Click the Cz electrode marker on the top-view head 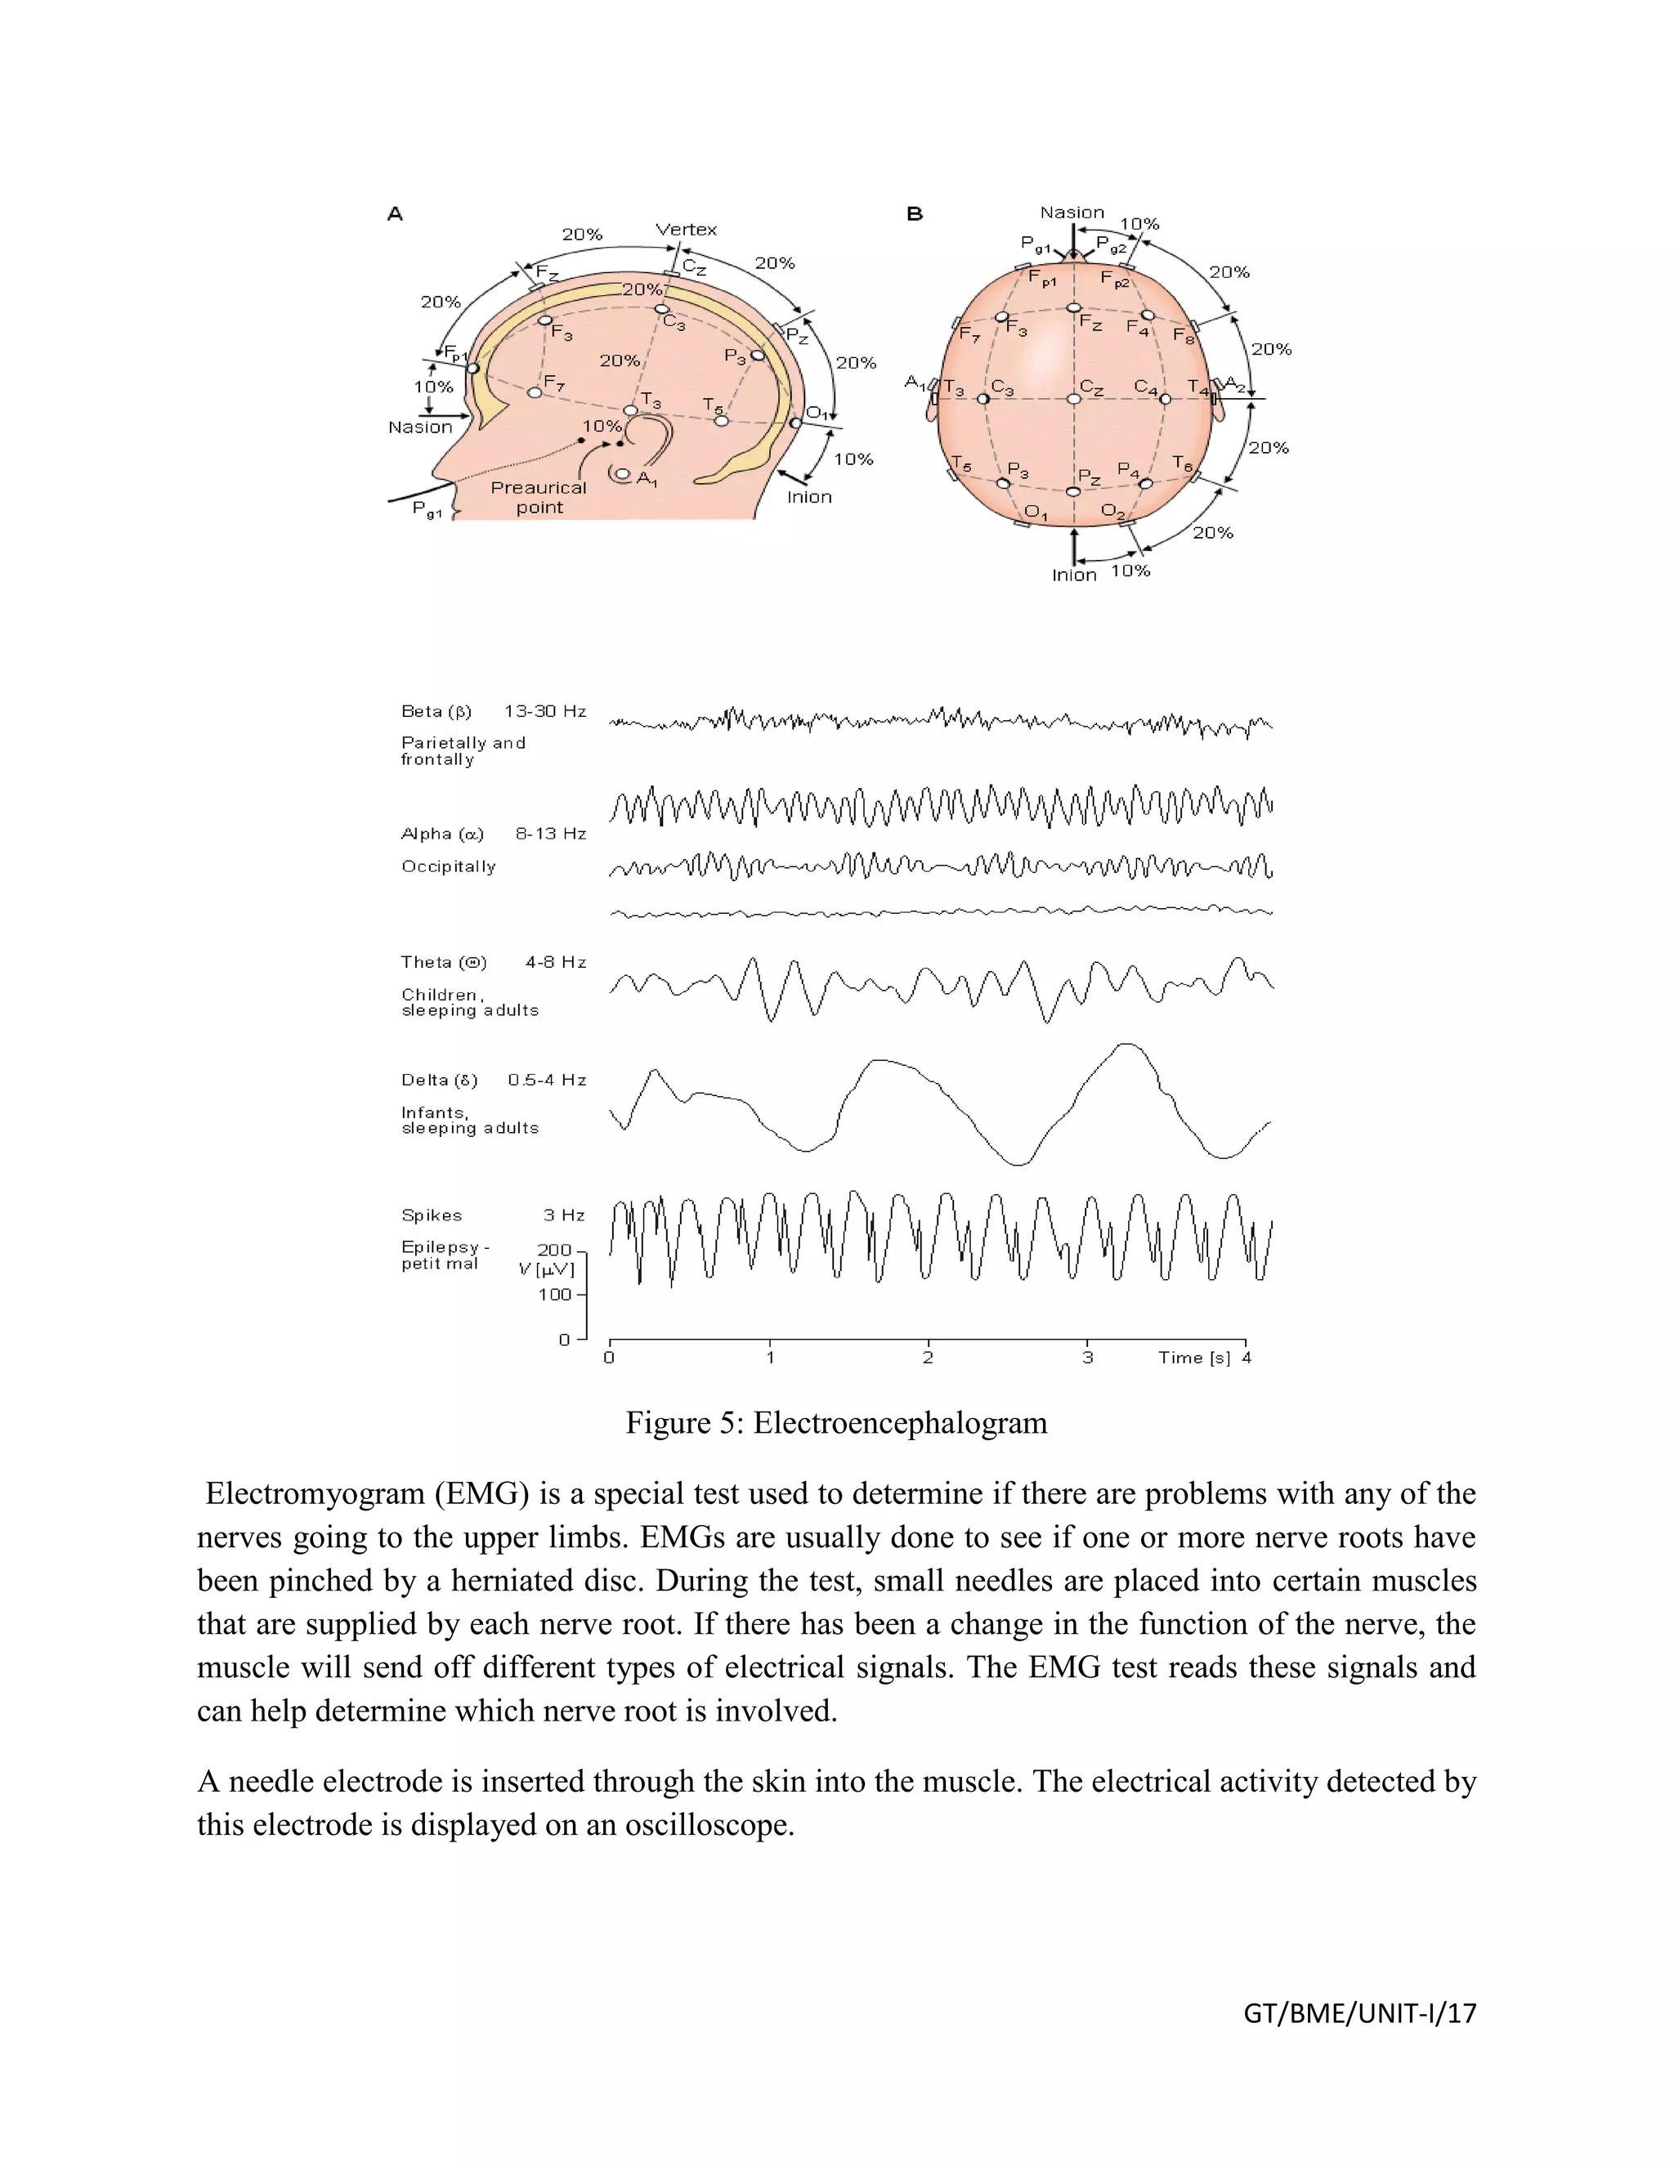tap(1073, 399)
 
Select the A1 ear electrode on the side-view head tap(623, 474)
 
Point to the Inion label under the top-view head tap(1074, 575)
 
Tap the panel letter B tap(915, 213)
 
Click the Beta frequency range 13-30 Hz tap(544, 711)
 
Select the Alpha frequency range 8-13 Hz tap(550, 834)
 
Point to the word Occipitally tap(448, 866)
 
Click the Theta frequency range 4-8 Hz tap(555, 962)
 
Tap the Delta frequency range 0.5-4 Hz tap(547, 1080)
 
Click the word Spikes tap(432, 1215)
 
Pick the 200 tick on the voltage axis tap(554, 1250)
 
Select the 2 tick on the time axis tap(927, 1358)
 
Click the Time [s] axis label tap(1194, 1358)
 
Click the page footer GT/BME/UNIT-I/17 tap(1359, 2013)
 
